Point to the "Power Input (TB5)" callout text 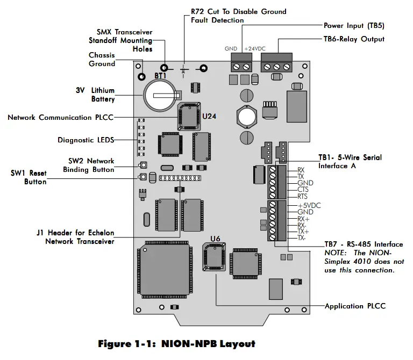pos(354,26)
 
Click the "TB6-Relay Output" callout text pos(354,39)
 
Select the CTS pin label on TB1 pos(303,190)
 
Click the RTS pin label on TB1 pos(303,197)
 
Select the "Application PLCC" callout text pos(355,306)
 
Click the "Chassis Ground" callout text pos(102,59)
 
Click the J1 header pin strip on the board pos(179,177)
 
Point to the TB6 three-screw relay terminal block pos(276,67)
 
